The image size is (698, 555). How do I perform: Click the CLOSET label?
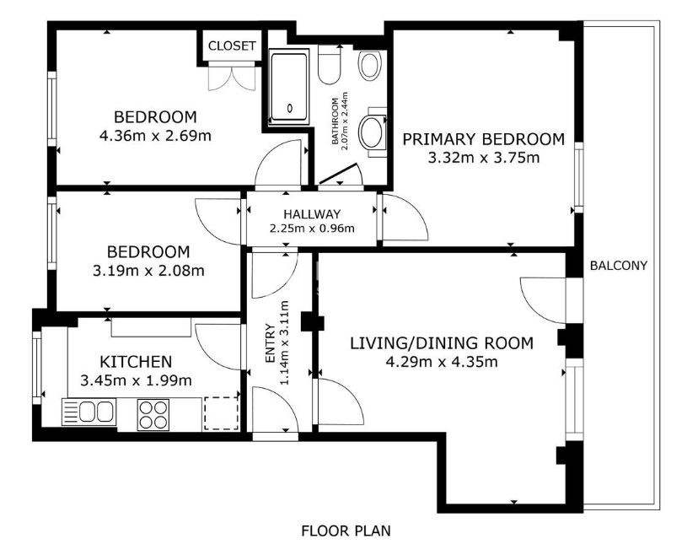tap(232, 46)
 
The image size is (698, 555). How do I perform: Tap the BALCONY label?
tap(618, 266)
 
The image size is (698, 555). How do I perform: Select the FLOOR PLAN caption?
tap(346, 531)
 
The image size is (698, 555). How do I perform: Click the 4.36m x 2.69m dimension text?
tap(155, 136)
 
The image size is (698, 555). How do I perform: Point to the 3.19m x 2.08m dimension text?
tap(148, 271)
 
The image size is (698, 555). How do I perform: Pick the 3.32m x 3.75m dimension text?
tap(483, 158)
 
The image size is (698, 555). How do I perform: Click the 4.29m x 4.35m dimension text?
tap(442, 362)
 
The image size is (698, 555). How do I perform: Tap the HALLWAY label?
tap(312, 214)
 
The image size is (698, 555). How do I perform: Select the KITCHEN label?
tap(136, 361)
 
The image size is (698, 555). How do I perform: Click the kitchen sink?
tap(89, 411)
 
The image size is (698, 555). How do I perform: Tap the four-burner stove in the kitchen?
tap(153, 415)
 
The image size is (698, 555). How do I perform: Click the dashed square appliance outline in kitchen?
tap(221, 413)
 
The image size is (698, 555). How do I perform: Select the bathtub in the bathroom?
tap(289, 87)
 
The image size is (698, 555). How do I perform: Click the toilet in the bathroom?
tap(330, 66)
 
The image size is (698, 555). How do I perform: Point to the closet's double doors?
tap(232, 77)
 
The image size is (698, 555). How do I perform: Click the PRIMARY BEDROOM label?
tap(483, 139)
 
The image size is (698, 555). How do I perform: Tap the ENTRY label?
tap(270, 343)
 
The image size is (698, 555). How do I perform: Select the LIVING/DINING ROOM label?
tap(442, 343)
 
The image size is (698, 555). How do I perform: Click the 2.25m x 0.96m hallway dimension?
tap(312, 229)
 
